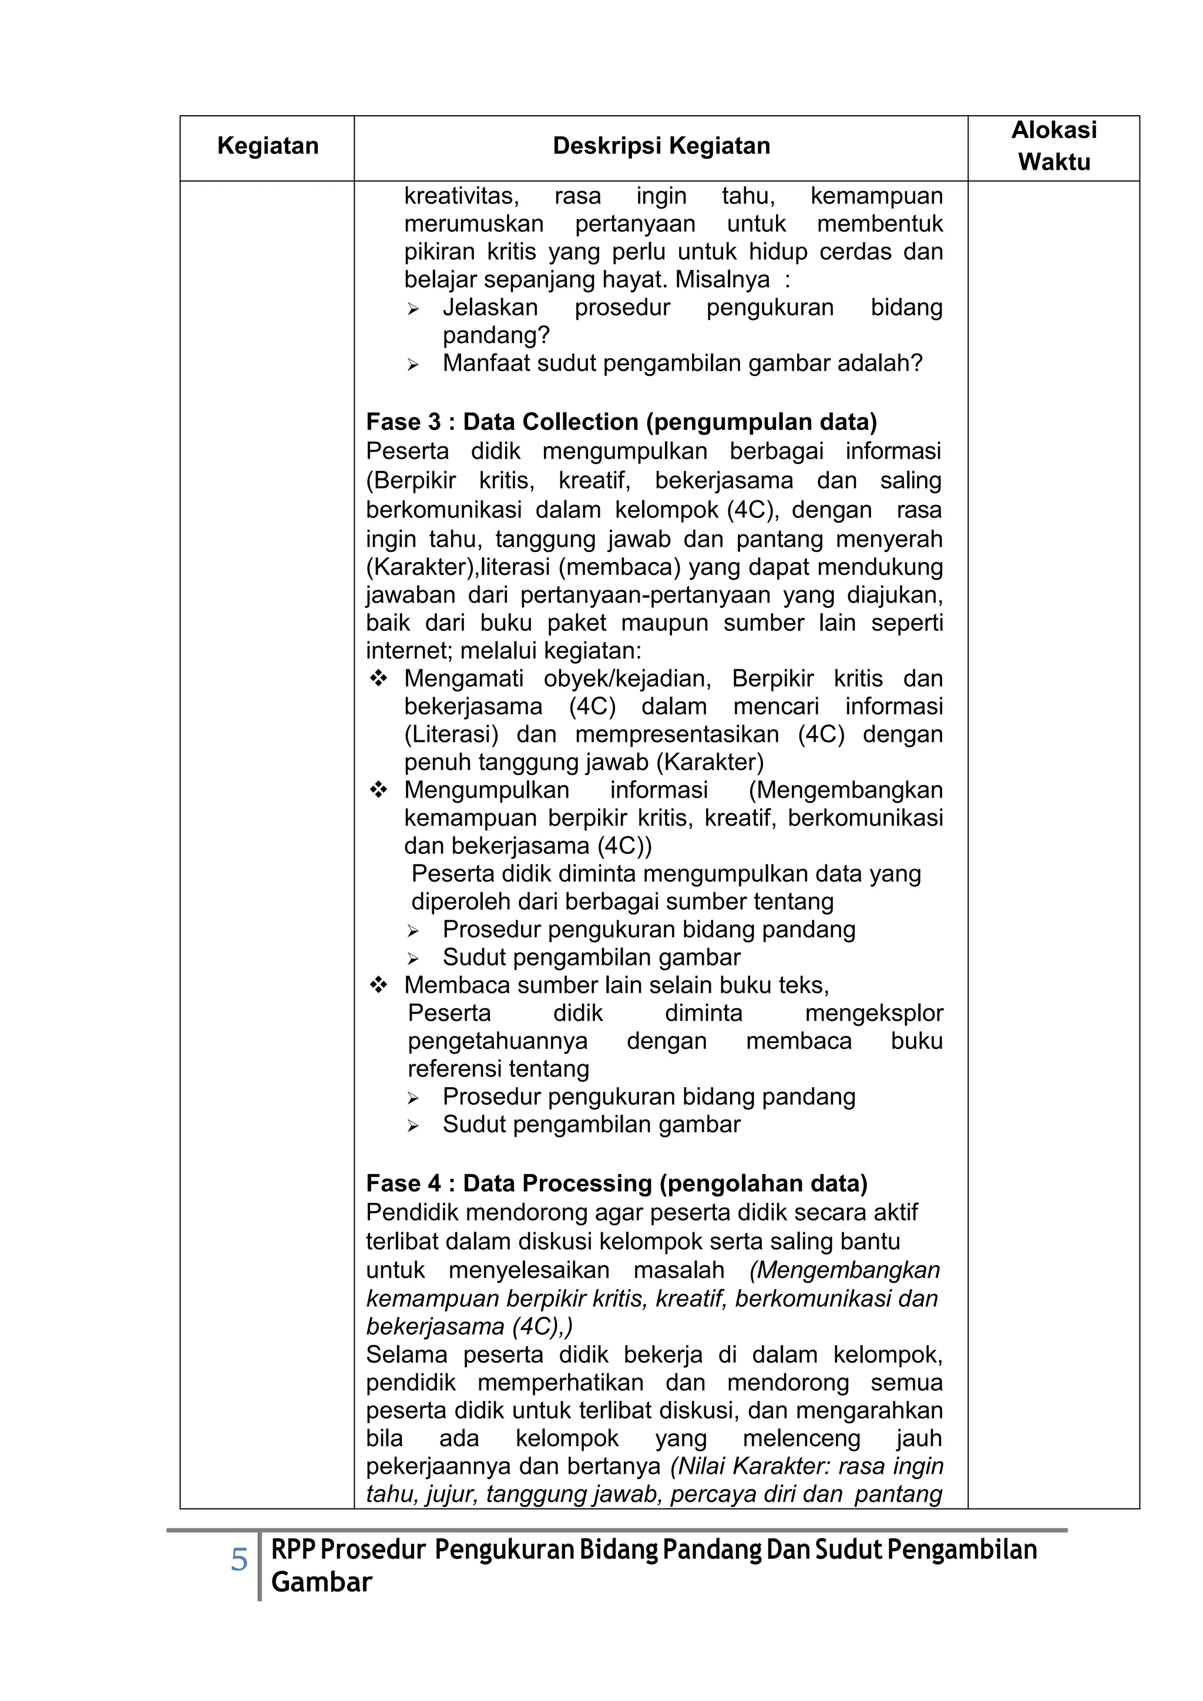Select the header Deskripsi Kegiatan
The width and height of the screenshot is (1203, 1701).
(661, 146)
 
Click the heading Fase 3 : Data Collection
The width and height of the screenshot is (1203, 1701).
(621, 422)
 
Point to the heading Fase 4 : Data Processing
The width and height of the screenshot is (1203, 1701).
(616, 1183)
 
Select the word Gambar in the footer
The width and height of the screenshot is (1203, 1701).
(321, 1582)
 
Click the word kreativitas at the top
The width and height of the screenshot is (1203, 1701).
(461, 196)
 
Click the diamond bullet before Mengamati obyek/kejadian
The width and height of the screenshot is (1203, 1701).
(378, 678)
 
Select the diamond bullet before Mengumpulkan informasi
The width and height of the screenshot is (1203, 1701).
(378, 791)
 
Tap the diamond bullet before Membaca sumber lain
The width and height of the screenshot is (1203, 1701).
(378, 986)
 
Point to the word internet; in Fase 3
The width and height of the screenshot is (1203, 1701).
(409, 651)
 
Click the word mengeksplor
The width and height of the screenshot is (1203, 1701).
(873, 1013)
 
